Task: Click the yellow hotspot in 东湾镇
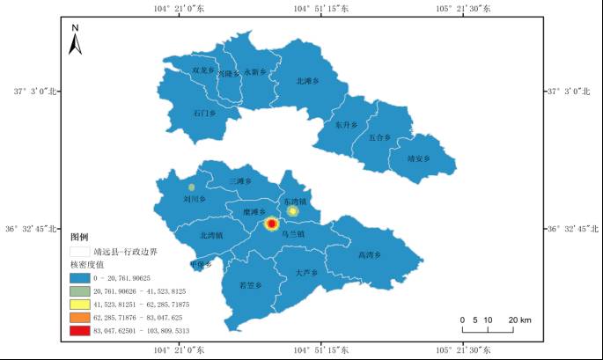pos(293,211)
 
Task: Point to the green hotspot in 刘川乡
pos(191,187)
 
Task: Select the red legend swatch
pos(82,330)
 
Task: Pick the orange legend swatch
pos(82,316)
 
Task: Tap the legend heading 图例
pos(80,237)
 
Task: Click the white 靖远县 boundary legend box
pos(82,251)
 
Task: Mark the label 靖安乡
pos(418,159)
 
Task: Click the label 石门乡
pos(203,113)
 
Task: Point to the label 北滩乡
pos(307,81)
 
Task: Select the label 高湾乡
pos(370,255)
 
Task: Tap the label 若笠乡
pos(251,285)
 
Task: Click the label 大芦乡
pos(305,273)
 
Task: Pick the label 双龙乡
pos(202,70)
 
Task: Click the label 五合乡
pos(379,137)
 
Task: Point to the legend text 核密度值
pos(87,264)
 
